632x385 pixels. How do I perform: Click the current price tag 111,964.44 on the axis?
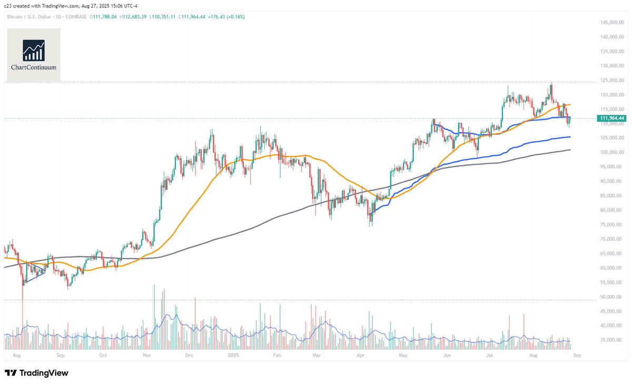[611, 119]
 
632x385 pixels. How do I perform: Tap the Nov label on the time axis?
[147, 356]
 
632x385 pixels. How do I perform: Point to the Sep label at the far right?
[577, 356]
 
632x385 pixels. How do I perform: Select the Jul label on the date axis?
[490, 356]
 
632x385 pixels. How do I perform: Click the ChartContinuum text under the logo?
[33, 68]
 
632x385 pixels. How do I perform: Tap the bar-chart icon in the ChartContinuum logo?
[33, 50]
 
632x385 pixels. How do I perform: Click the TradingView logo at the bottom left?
[36, 373]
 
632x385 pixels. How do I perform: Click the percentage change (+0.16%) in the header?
[235, 17]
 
